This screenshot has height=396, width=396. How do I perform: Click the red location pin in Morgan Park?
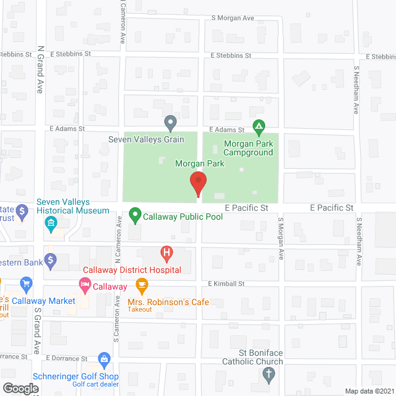tap(198, 183)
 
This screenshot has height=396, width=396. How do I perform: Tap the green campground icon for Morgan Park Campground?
tap(259, 127)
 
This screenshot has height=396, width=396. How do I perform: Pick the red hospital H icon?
tap(166, 252)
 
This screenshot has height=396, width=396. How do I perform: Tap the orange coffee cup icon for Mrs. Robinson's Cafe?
tap(142, 286)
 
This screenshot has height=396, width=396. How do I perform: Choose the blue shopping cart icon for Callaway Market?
tap(26, 285)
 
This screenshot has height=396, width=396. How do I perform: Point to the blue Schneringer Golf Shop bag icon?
tap(105, 359)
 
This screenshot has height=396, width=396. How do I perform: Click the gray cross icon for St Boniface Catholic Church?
tap(268, 374)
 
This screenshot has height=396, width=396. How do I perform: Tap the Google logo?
tap(20, 388)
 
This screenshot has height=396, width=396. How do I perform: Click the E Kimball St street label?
tap(226, 283)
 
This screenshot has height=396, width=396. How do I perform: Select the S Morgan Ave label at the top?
tap(232, 19)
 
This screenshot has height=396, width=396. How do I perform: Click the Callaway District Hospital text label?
tap(132, 270)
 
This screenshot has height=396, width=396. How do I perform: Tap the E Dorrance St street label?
tap(66, 358)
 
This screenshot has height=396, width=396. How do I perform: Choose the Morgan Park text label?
tap(199, 163)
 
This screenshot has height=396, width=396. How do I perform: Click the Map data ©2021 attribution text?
tap(368, 390)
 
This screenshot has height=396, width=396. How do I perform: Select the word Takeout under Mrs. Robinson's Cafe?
tap(139, 309)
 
